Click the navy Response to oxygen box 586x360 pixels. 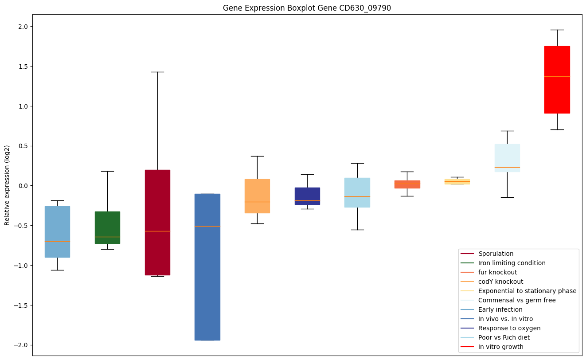(x=307, y=196)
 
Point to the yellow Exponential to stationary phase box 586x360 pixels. (x=457, y=182)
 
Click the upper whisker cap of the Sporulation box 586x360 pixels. (x=157, y=72)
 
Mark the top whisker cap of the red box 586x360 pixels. (x=557, y=30)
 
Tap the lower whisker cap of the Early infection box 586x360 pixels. (x=57, y=270)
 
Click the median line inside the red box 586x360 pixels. (x=557, y=76)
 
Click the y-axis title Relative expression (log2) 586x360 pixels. (x=7, y=185)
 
